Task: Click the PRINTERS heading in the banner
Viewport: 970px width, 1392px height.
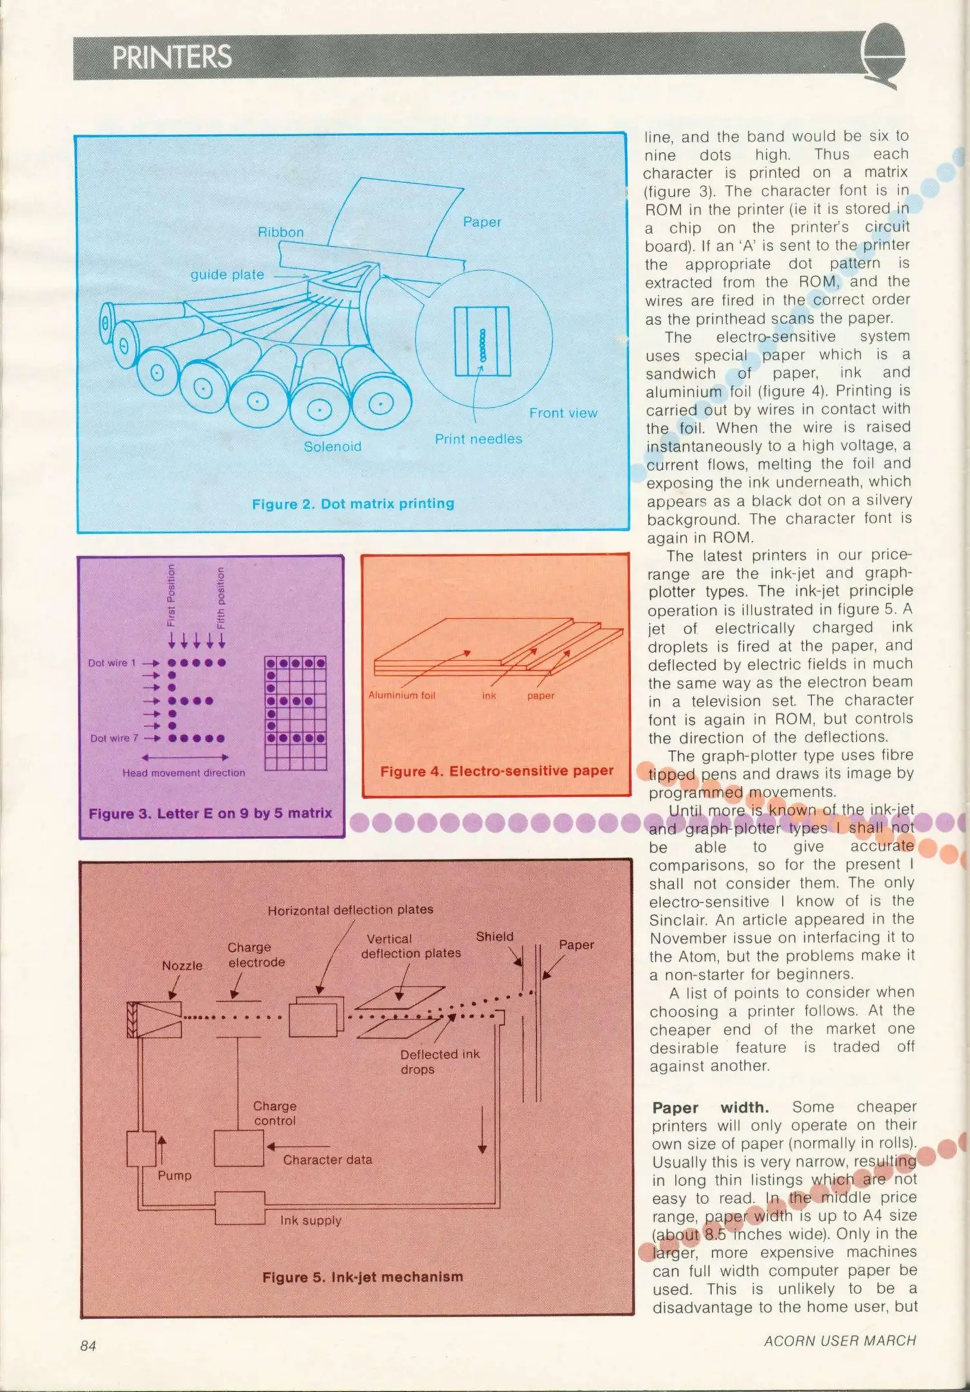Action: tap(171, 57)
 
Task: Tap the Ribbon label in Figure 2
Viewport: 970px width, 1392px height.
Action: tap(280, 232)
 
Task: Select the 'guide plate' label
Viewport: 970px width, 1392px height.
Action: tap(227, 275)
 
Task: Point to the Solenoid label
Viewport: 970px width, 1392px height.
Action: tap(332, 447)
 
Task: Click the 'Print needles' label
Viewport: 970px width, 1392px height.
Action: tap(478, 439)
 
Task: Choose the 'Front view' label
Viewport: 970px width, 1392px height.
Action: tap(563, 413)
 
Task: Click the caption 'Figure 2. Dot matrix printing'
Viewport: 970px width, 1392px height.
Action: tap(353, 503)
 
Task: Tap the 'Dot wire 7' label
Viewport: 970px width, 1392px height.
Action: tap(114, 739)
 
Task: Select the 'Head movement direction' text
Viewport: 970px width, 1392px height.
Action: tap(184, 773)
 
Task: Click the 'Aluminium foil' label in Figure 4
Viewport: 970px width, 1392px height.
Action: tap(402, 695)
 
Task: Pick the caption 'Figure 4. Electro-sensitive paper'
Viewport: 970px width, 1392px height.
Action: tap(496, 771)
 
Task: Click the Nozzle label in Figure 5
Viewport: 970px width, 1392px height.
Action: tap(182, 965)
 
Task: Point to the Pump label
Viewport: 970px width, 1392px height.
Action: tap(175, 1175)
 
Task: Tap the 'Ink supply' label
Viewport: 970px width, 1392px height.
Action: tap(311, 1221)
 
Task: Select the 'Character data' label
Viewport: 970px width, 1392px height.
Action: tap(327, 1160)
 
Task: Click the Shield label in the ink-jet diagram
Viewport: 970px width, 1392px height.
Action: tap(494, 936)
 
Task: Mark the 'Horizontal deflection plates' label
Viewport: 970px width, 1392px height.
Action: tap(350, 910)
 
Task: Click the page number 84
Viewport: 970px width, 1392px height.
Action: tap(88, 1346)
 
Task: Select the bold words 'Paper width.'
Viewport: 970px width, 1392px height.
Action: tap(710, 1108)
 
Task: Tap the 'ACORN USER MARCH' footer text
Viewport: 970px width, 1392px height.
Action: tap(839, 1341)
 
